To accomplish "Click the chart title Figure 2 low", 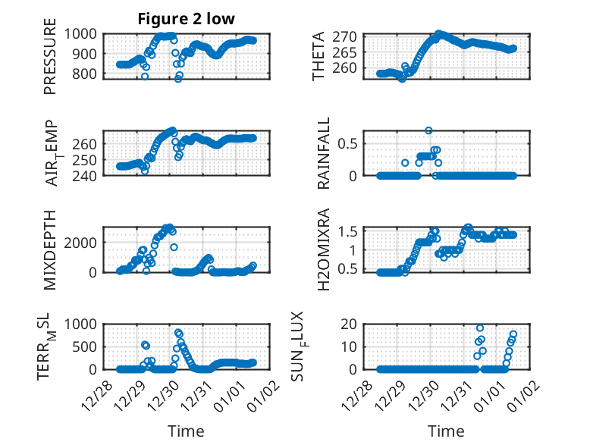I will pyautogui.click(x=186, y=18).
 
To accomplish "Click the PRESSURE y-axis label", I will pyautogui.click(x=51, y=61).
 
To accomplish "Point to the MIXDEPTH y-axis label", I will pyautogui.click(x=51, y=249).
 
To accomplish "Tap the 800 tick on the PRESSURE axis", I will pyautogui.click(x=85, y=74).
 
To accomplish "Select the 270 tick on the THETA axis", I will pyautogui.click(x=347, y=36).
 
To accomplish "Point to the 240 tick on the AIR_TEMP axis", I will pyautogui.click(x=85, y=176).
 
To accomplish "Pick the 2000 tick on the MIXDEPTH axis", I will pyautogui.click(x=82, y=242).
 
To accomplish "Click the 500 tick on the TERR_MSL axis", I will pyautogui.click(x=85, y=346).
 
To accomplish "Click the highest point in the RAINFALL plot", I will pyautogui.click(x=428, y=130).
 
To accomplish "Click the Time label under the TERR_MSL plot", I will pyautogui.click(x=187, y=431).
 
